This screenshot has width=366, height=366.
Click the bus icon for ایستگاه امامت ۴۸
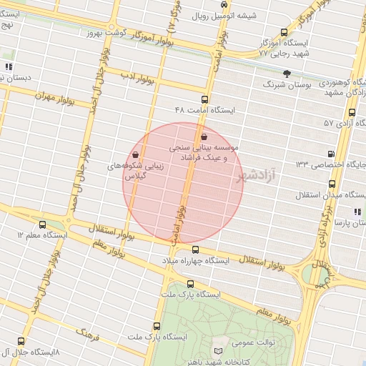pyautogui.click(x=204, y=99)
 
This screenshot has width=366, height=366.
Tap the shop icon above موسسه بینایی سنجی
pyautogui.click(x=204, y=136)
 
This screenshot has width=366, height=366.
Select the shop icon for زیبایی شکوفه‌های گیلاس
pyautogui.click(x=136, y=154)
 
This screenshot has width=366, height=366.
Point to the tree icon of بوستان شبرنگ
pyautogui.click(x=287, y=73)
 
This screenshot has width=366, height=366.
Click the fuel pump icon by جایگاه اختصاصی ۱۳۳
pyautogui.click(x=330, y=154)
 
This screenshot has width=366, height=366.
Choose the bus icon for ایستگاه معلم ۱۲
pyautogui.click(x=42, y=224)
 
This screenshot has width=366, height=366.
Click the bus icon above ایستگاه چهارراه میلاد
pyautogui.click(x=196, y=249)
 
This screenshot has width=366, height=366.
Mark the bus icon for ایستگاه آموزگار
pyautogui.click(x=285, y=32)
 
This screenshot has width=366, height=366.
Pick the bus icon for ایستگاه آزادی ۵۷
pyautogui.click(x=352, y=112)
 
